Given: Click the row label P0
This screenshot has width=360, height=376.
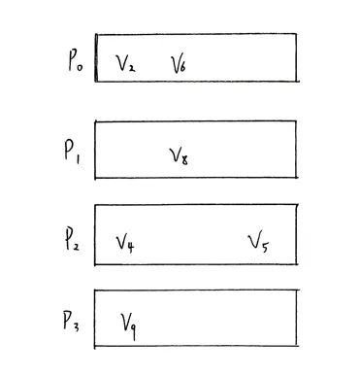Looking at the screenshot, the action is click(x=76, y=61).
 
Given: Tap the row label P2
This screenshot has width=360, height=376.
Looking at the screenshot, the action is click(x=71, y=240).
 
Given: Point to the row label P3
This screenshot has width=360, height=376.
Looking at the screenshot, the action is click(x=71, y=322).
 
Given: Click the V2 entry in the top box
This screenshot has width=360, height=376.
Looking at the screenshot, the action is click(x=125, y=63).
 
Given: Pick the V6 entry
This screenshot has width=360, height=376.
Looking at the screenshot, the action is click(x=179, y=63).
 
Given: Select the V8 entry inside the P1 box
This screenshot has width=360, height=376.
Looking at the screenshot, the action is click(x=179, y=156).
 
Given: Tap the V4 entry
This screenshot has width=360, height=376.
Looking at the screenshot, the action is click(x=125, y=244).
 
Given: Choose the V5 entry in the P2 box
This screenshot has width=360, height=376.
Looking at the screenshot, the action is click(x=258, y=242).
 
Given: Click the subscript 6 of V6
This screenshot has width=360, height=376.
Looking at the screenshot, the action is click(x=182, y=67).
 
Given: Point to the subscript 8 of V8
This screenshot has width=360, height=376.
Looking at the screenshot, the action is click(x=184, y=160).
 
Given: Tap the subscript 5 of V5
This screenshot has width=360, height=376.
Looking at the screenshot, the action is click(x=265, y=247).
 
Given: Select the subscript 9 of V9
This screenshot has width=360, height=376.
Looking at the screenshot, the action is click(x=133, y=331).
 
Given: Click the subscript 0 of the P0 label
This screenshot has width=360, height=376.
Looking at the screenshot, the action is click(x=80, y=68).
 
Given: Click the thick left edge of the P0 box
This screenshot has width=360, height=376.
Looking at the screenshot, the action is click(x=96, y=57).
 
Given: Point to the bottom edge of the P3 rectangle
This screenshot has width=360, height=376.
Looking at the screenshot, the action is click(x=196, y=346).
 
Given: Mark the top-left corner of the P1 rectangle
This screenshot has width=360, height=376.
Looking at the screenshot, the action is click(x=95, y=121).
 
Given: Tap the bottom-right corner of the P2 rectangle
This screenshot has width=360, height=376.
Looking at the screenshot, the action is click(x=296, y=264).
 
